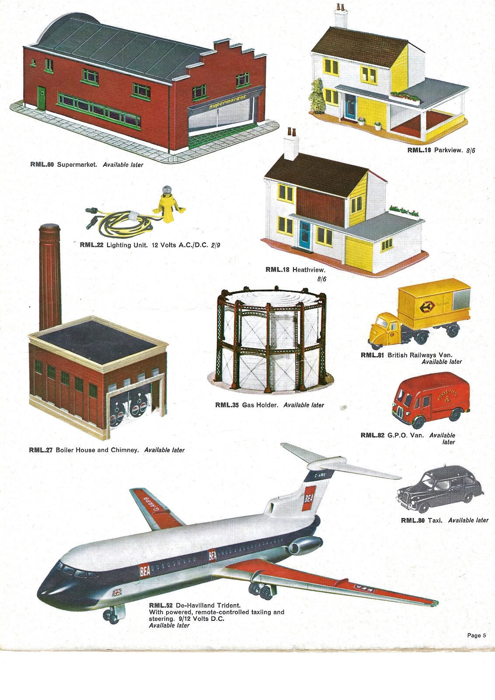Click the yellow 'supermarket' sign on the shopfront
pos(227,102)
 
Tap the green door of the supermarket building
pos(41,98)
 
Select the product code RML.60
pos(42,164)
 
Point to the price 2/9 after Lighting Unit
pos(216,245)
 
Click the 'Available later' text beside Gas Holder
pos(303,405)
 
